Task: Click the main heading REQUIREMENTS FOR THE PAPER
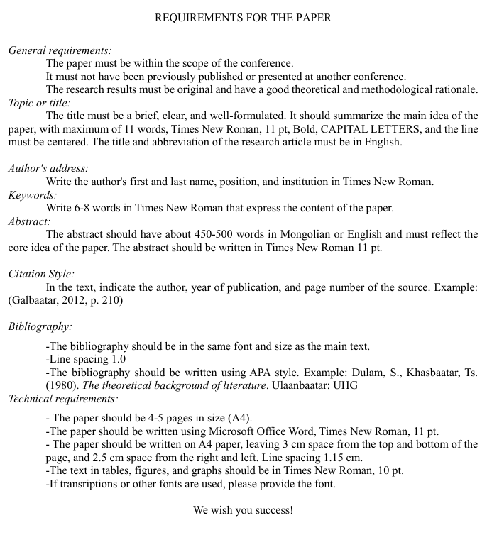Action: point(243,17)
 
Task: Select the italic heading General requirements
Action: point(60,50)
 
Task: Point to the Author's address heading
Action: point(48,168)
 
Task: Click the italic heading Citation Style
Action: point(41,273)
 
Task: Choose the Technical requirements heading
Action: point(63,399)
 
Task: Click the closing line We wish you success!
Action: point(243,509)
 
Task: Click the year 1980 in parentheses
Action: point(60,385)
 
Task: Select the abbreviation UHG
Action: point(346,385)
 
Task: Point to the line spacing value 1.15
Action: point(334,458)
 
